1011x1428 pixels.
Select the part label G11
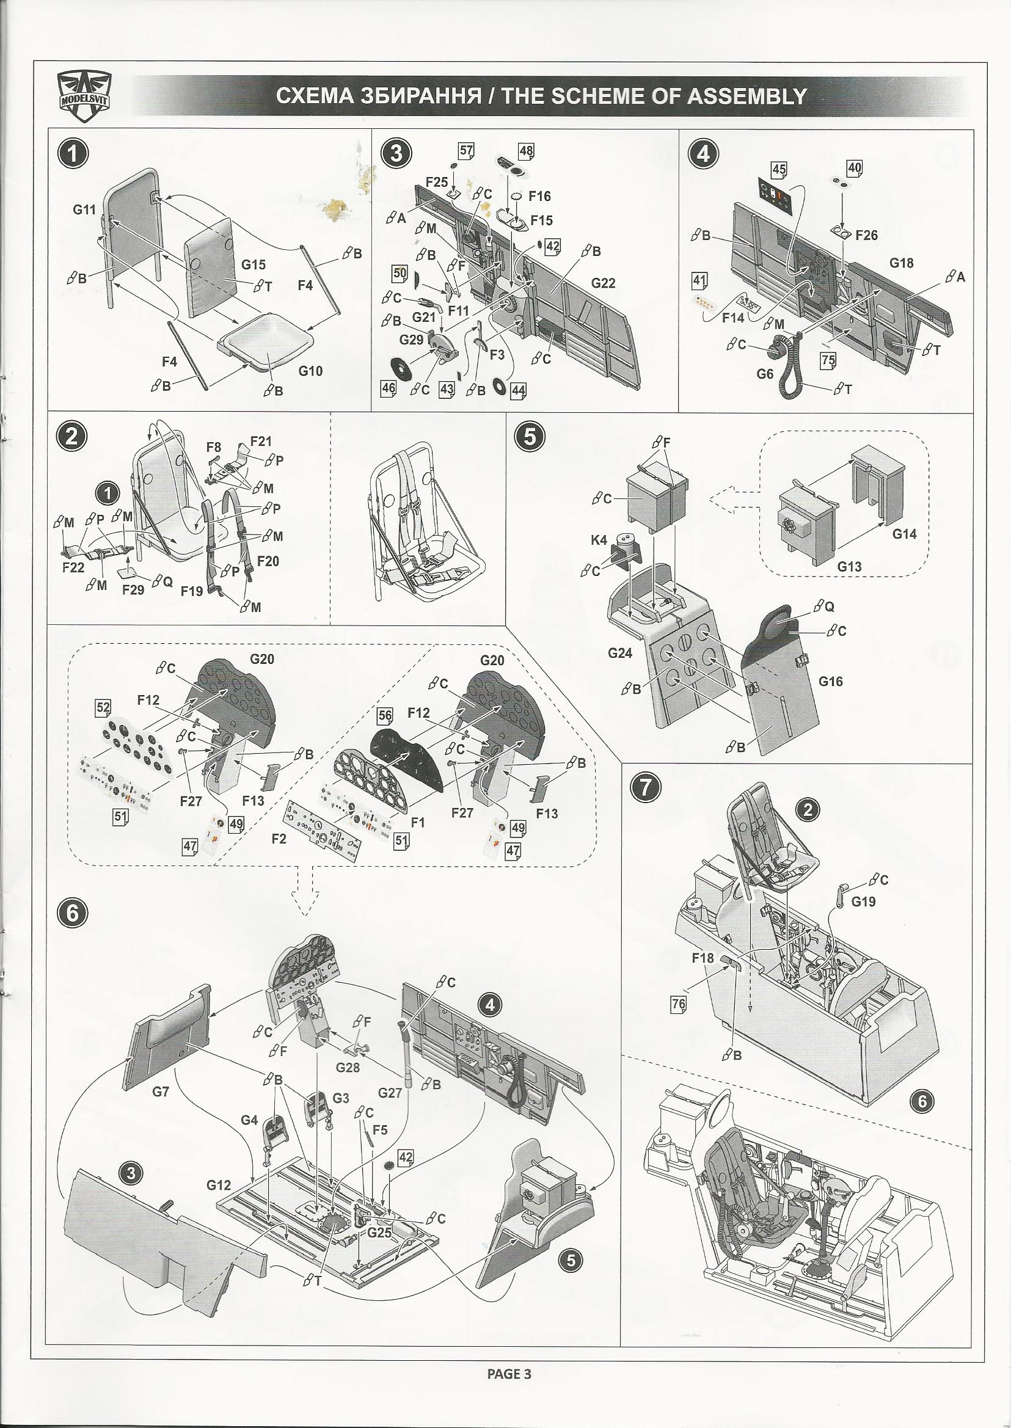point(84,209)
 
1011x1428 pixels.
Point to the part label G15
point(254,264)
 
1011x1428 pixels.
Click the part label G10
point(311,370)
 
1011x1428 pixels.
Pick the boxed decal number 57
point(465,151)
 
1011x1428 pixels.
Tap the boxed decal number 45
point(779,169)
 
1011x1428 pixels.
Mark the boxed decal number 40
point(854,167)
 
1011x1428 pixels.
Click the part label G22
point(603,283)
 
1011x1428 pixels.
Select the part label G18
point(902,263)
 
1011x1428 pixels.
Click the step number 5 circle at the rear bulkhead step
point(529,437)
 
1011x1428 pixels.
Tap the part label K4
point(599,541)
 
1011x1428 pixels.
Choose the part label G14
point(904,533)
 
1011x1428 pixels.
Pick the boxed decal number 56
point(385,716)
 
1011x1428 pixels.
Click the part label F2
point(279,839)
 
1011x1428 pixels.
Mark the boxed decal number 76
point(678,1004)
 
